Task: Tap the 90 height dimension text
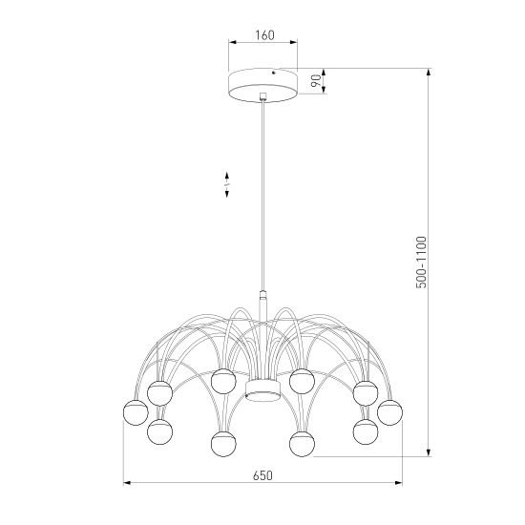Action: pyautogui.click(x=314, y=81)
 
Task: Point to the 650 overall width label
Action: pyautogui.click(x=263, y=474)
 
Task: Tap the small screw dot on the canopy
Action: pyautogui.click(x=274, y=71)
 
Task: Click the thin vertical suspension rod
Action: pyautogui.click(x=263, y=191)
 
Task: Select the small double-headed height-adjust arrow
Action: pyautogui.click(x=227, y=184)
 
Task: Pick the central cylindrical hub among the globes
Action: pyautogui.click(x=260, y=391)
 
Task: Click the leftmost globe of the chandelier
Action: pyautogui.click(x=134, y=413)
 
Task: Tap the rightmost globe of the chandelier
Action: pyautogui.click(x=389, y=412)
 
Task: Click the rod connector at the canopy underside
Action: pyautogui.click(x=263, y=96)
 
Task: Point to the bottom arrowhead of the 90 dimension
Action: pyautogui.click(x=323, y=93)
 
